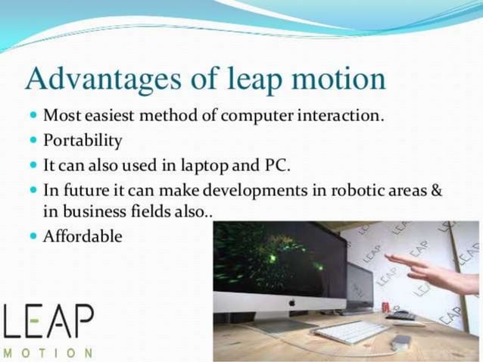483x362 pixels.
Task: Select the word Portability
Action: [x=83, y=142]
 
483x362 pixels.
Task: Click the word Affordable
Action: [x=83, y=236]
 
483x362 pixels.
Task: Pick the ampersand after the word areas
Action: [x=436, y=189]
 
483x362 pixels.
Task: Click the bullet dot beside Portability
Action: [x=33, y=142]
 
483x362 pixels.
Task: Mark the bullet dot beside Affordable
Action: [x=33, y=236]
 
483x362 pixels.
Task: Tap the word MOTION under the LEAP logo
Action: [x=48, y=353]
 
